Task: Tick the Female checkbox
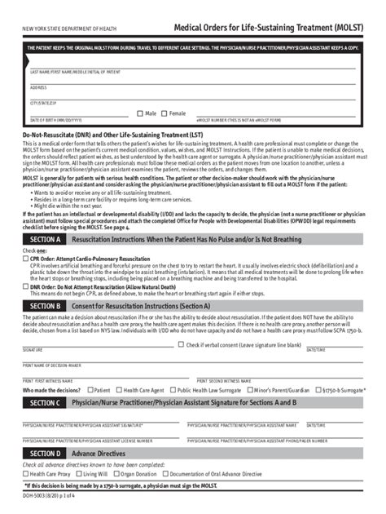point(164,113)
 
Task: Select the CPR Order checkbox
point(26,259)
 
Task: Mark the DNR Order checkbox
point(26,287)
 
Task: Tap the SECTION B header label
point(44,305)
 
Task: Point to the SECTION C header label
point(44,403)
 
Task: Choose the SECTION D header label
point(44,454)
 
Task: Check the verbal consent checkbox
point(182,345)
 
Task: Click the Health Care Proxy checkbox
point(26,473)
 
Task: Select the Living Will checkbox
point(78,473)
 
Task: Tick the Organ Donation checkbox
point(116,473)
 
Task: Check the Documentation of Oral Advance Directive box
point(165,473)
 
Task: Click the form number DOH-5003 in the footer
point(35,495)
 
